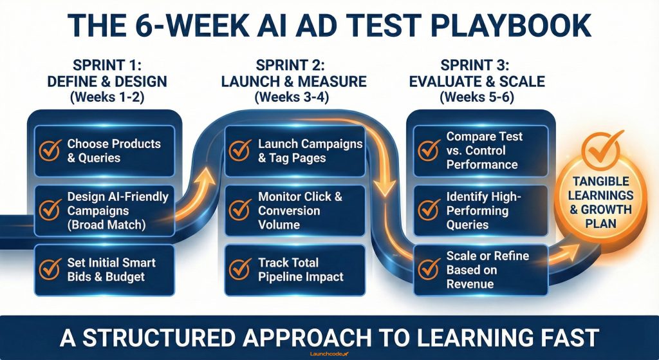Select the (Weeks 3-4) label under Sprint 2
(293, 98)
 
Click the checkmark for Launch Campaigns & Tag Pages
(240, 151)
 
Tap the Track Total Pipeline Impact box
(294, 270)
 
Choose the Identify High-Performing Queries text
(477, 211)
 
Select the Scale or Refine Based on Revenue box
(480, 270)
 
